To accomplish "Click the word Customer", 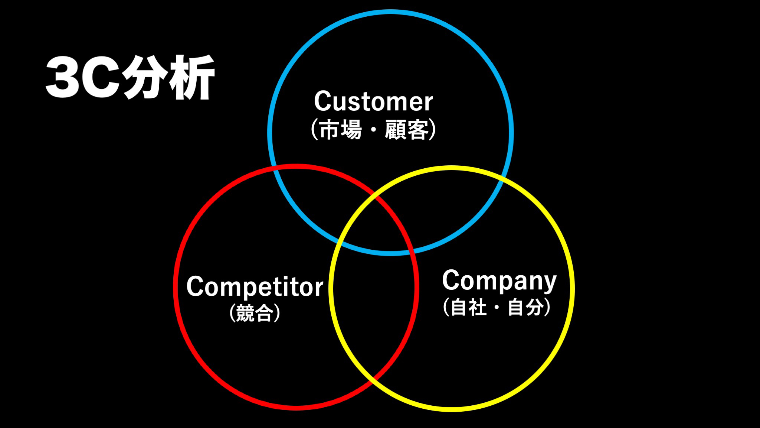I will pos(373,101).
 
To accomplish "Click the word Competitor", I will pos(255,287).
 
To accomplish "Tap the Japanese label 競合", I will pos(255,312).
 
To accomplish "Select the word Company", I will pos(499,281).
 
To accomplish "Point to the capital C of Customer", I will pos(323,101).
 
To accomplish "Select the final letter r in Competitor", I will pos(320,289).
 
